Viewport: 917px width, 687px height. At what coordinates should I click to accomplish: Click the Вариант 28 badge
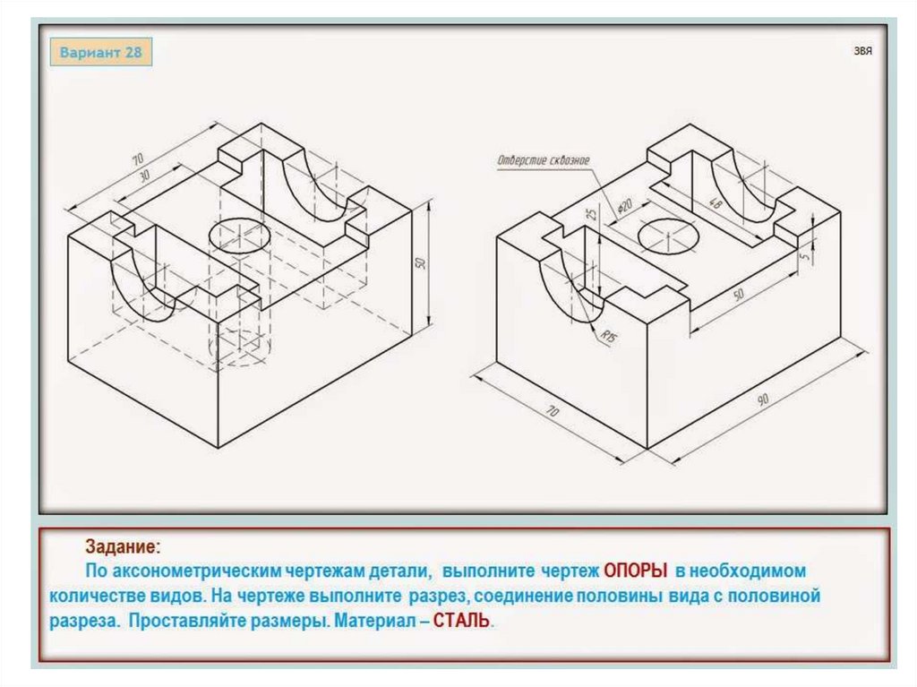(100, 52)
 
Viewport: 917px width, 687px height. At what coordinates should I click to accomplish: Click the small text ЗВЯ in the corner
(862, 51)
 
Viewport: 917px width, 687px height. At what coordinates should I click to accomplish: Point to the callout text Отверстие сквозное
(544, 160)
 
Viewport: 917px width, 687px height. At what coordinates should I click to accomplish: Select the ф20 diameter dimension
(625, 207)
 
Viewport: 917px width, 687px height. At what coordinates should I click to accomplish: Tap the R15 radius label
(609, 337)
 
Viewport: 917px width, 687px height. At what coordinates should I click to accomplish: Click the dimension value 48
(715, 202)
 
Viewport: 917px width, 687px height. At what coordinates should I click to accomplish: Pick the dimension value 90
(763, 399)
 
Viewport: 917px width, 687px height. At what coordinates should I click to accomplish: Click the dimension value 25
(593, 213)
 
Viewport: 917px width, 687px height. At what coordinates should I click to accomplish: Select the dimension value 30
(144, 176)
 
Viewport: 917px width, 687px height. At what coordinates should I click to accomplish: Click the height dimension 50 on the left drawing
(420, 262)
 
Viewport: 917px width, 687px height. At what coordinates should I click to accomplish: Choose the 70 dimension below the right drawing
(552, 411)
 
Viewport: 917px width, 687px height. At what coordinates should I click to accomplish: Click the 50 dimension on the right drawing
(739, 295)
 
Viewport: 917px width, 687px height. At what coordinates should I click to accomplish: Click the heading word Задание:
(123, 546)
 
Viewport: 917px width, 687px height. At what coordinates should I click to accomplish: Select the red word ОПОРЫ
(636, 571)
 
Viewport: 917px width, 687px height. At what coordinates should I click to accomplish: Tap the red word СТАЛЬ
(461, 621)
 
